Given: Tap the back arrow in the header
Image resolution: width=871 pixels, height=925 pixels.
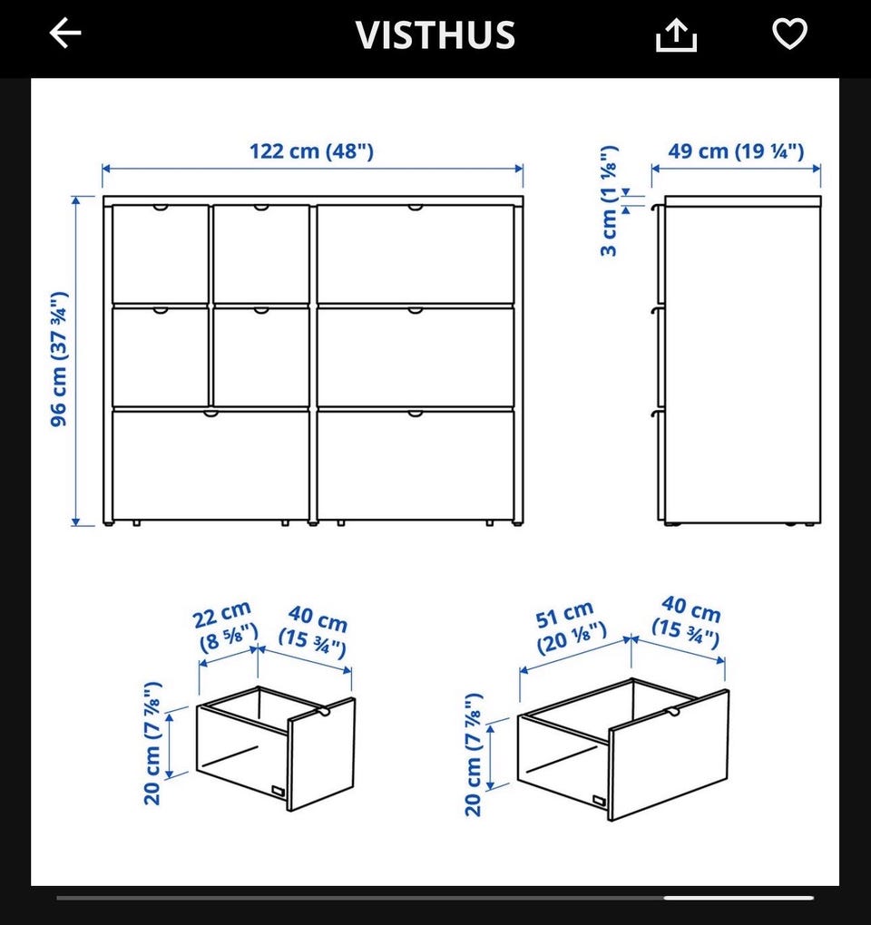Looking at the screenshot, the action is coord(65,33).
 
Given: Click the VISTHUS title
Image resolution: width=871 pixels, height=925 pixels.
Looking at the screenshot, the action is coord(435,34).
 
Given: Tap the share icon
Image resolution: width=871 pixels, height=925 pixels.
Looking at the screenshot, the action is coord(676,34).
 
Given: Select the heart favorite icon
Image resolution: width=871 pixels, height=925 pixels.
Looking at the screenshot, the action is coord(789,33).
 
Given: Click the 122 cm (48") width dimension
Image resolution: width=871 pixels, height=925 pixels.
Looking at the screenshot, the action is coord(311,151).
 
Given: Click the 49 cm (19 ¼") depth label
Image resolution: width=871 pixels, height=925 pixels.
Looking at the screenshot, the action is coord(736,151).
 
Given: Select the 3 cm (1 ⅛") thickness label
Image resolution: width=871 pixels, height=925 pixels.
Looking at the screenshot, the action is coord(609,200).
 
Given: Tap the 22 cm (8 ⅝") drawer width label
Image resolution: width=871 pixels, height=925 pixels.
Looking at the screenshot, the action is coord(225,626).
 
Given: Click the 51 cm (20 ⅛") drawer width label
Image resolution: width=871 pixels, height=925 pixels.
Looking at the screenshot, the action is coord(570,627).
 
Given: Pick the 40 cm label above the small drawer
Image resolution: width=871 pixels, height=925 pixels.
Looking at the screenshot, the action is coord(314,631).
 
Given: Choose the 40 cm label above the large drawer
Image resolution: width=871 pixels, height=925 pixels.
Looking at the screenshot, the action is coord(687,622).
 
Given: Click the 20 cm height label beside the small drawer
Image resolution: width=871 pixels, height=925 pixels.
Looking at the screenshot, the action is coord(152,744).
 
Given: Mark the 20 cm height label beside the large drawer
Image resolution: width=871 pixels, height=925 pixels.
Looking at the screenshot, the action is coord(474,755).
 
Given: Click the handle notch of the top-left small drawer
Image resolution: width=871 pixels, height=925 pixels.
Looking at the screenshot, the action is coord(160,208).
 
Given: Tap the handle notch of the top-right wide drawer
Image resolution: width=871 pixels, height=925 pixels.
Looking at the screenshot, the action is coord(415,208).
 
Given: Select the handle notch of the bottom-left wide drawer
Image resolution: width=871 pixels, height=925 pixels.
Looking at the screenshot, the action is coord(210,414).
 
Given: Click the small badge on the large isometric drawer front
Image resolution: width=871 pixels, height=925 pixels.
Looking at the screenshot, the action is coord(599,801).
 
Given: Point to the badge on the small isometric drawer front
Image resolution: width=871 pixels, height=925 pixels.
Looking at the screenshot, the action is coord(278,792).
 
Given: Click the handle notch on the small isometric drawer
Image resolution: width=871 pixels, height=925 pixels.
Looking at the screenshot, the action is coord(323,713).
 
